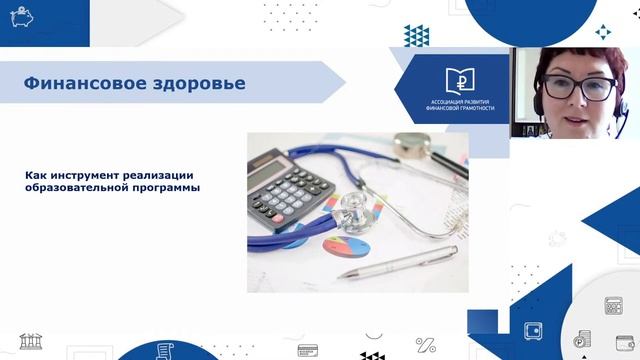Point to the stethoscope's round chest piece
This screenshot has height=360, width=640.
[x=355, y=209]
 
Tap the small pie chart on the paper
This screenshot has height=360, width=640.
[x=343, y=245]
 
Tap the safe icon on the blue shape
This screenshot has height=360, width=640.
[x=532, y=329]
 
